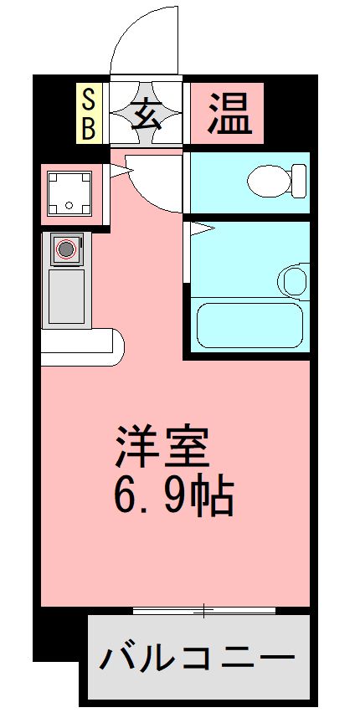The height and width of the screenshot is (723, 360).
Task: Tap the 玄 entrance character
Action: pyautogui.click(x=147, y=112)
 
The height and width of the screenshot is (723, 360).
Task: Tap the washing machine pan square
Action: pyautogui.click(x=69, y=192)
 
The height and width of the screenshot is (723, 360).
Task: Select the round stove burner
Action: pyautogui.click(x=66, y=248)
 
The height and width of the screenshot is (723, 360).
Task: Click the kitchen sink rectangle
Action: pyautogui.click(x=66, y=295)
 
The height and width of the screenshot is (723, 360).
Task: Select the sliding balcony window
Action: pyautogui.click(x=204, y=611)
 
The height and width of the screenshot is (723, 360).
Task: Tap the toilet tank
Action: pyautogui.click(x=299, y=178)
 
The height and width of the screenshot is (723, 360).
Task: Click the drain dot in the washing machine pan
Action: pyautogui.click(x=69, y=203)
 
